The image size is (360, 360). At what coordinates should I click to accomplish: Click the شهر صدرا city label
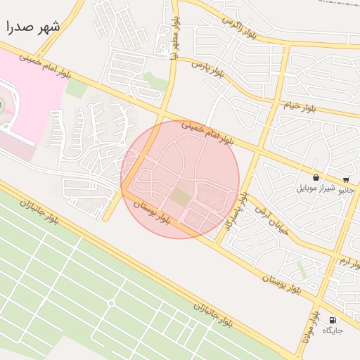33,27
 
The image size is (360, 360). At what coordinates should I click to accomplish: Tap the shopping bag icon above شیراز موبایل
316,179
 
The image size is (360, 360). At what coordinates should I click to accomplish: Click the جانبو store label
346,190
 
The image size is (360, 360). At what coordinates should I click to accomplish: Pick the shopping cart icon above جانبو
346,180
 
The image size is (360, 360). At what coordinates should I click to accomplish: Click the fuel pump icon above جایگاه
333,320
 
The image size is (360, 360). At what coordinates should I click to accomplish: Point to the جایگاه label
333,330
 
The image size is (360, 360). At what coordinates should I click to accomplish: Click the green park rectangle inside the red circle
180,198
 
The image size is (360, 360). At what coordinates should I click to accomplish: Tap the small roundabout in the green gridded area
110,303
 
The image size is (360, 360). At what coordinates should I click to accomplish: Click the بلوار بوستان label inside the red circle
153,212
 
